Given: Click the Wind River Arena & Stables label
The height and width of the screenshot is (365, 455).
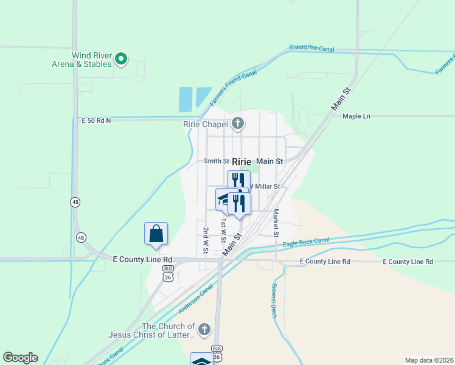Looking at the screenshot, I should (91, 60).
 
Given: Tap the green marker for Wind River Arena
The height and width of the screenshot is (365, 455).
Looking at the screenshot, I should (121, 59).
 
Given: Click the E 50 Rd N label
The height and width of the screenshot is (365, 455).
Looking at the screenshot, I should (96, 120).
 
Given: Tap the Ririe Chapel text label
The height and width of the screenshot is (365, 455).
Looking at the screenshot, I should (206, 125).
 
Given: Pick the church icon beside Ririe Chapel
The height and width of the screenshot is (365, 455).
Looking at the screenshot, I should (238, 125).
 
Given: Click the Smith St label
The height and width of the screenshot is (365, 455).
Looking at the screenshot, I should (216, 161).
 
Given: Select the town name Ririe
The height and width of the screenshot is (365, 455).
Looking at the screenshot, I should (241, 161).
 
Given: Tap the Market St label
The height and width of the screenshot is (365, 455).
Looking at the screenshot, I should (276, 223).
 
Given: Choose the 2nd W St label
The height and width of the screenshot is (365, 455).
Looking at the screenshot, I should (206, 241).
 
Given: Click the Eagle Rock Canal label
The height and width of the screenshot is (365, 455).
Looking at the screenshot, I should (306, 242).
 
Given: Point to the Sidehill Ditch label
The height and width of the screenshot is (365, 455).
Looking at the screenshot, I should (274, 302).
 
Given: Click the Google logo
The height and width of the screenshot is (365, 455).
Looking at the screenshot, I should (20, 358).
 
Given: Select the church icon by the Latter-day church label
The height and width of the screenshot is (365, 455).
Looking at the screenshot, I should (204, 330).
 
